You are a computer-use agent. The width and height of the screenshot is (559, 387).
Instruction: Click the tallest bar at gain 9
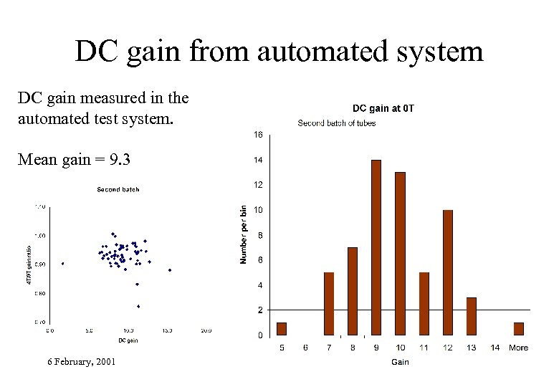pos(376,247)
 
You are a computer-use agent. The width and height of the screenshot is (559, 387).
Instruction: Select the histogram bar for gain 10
pos(400,254)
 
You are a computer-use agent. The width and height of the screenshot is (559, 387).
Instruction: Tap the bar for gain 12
pos(448,272)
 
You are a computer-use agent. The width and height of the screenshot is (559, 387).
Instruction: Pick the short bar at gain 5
pos(282,329)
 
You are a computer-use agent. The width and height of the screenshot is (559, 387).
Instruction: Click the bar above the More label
pos(519,329)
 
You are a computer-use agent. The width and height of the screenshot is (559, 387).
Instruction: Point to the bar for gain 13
pos(472,316)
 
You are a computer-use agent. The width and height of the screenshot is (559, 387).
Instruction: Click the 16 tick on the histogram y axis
pos(258,135)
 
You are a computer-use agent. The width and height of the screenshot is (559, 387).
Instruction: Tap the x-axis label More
pos(518,348)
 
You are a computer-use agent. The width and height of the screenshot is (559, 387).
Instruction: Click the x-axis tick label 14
pos(495,348)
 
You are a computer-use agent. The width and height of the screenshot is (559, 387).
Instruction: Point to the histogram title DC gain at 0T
pos(383,109)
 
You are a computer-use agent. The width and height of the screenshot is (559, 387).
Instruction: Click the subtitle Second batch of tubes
pos(337,123)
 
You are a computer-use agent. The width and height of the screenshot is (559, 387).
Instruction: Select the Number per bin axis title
pos(244,234)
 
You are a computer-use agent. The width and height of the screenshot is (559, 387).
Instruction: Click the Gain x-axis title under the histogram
pos(400,362)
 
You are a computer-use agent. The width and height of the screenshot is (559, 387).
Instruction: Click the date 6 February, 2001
pos(82,362)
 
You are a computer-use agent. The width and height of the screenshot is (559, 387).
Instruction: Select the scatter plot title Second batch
pos(118,190)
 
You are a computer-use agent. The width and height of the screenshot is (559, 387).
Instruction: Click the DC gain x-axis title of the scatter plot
pos(128,340)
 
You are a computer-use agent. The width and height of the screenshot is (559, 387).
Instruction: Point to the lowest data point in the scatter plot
pos(138,306)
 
